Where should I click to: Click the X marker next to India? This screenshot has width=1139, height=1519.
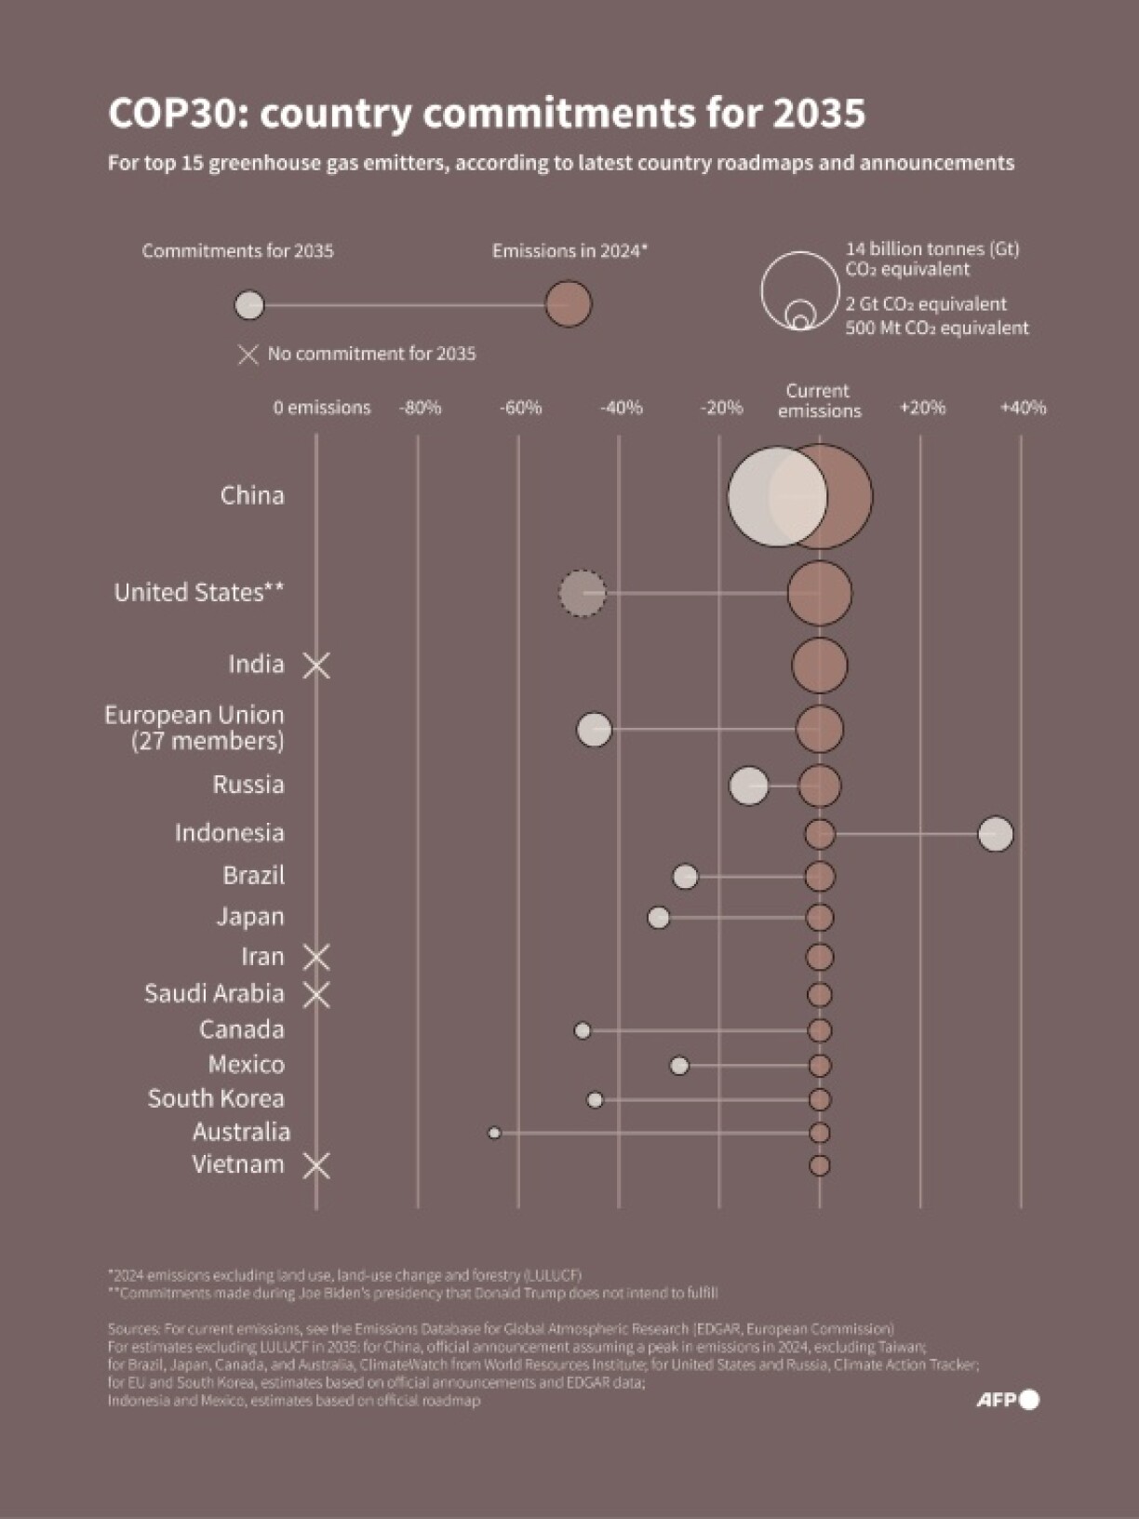(316, 665)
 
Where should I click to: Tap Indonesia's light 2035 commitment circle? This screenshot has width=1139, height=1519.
(995, 833)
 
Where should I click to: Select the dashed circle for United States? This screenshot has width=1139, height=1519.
(583, 593)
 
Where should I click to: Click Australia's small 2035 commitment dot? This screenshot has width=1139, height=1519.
(494, 1133)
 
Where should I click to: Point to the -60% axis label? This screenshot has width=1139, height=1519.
(520, 408)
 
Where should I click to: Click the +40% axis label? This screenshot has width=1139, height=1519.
(1023, 408)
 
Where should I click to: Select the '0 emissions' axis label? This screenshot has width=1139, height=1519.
(322, 408)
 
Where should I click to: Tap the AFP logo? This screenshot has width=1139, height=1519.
(1007, 1400)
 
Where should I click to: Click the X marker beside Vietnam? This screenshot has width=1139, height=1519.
(316, 1165)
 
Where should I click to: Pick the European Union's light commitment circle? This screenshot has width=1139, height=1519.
(595, 730)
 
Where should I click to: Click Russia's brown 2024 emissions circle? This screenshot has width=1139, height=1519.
(819, 786)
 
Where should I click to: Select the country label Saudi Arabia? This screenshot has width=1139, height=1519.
(214, 993)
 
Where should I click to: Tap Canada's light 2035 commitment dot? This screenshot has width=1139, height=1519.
(583, 1030)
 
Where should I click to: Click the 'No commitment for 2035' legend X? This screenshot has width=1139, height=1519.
(248, 355)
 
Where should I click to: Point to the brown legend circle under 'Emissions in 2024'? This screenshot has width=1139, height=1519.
(568, 304)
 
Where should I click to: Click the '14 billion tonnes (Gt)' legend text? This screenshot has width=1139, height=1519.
(931, 249)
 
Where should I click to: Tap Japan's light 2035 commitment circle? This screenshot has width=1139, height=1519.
(658, 918)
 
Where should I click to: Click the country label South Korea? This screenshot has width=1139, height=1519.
(216, 1098)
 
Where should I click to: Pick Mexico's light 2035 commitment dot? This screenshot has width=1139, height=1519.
(679, 1066)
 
